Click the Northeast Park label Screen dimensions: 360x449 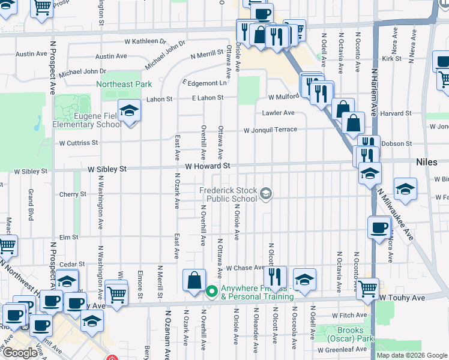click(124, 84)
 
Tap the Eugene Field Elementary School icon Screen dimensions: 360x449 click(128, 111)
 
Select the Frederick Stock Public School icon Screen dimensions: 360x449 click(266, 193)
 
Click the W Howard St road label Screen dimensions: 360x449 click(208, 166)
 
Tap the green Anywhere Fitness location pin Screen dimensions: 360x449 click(211, 292)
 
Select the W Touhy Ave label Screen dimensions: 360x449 click(402, 298)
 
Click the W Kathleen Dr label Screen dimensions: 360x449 click(145, 42)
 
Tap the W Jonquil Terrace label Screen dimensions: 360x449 click(270, 130)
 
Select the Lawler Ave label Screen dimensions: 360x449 click(278, 113)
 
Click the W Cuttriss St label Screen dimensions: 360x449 click(79, 143)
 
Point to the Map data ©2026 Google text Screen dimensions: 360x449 click(412, 355)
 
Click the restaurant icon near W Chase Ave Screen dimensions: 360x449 click(275, 276)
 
